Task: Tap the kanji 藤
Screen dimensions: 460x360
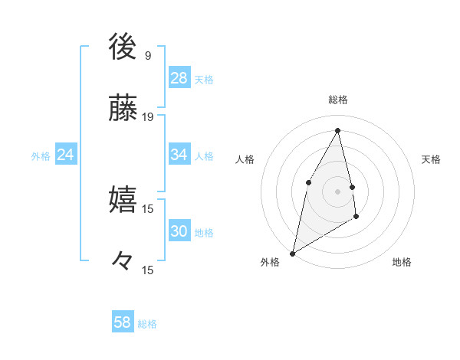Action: (123, 109)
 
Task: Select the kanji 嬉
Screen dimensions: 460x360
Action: (123, 200)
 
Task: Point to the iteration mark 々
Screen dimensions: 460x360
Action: (123, 261)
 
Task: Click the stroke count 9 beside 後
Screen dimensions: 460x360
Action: (147, 55)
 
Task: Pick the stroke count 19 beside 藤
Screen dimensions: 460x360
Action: (148, 117)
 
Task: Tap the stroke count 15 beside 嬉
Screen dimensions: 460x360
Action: (148, 208)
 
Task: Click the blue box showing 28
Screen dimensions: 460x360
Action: (179, 78)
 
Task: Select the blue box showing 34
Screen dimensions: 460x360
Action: (179, 155)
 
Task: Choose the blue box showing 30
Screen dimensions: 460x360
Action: (179, 231)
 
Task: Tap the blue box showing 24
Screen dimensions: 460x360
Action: (66, 155)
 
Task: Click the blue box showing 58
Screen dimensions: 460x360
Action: (123, 322)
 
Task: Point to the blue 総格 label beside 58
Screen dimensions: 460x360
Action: (147, 324)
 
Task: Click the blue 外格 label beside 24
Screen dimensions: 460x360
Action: (41, 156)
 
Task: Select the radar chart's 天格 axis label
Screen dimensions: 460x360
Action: (431, 159)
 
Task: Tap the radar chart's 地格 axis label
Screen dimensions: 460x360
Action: (402, 262)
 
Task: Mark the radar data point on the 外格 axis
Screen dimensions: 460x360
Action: (292, 253)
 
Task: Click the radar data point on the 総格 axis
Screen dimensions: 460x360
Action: (337, 130)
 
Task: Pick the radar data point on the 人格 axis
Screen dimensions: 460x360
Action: (308, 182)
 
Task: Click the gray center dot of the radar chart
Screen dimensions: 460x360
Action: (337, 191)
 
